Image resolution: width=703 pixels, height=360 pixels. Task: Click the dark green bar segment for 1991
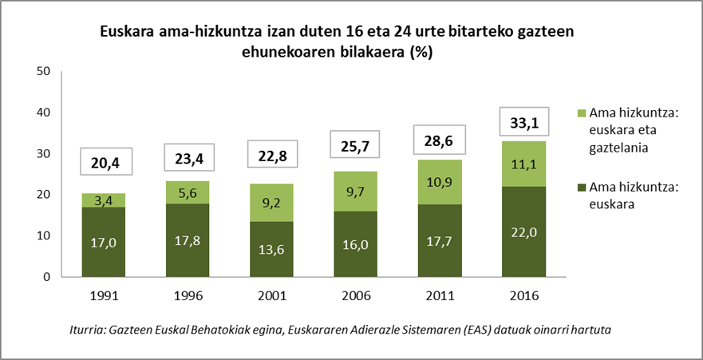(x=105, y=242)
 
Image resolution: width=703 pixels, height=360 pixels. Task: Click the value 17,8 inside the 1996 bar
(x=187, y=240)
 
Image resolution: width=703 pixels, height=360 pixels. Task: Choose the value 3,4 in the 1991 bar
(x=105, y=200)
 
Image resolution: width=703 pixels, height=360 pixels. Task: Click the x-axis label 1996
(x=187, y=295)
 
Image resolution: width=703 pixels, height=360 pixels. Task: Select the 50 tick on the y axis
(x=43, y=72)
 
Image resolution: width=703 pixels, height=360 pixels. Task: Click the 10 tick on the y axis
(x=43, y=236)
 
